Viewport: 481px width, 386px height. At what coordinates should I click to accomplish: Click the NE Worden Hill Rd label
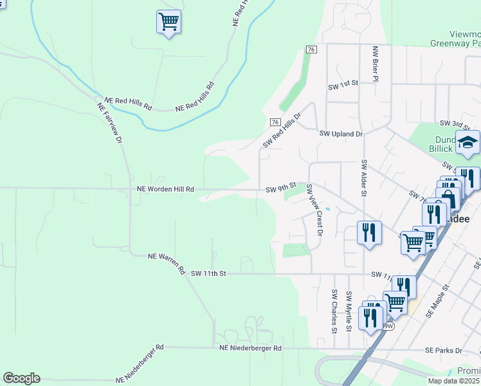click(x=165, y=190)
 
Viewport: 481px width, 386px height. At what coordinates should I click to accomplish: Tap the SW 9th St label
click(x=280, y=190)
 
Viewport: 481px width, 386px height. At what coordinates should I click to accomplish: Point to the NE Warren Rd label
click(x=167, y=262)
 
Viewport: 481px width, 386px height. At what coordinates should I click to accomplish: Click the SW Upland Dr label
click(x=341, y=134)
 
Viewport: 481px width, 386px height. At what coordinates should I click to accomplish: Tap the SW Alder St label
click(x=364, y=178)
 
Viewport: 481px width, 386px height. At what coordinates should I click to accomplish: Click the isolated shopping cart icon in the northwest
click(x=168, y=22)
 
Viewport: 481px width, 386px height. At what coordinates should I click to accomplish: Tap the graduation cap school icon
click(x=467, y=142)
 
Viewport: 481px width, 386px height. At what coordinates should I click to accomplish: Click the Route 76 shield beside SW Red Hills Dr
click(x=275, y=122)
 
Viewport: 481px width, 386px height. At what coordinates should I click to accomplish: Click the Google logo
click(x=21, y=378)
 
